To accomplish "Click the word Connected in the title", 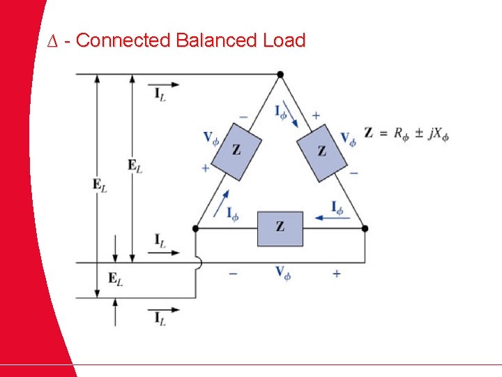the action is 123,40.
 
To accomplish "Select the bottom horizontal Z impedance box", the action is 280,228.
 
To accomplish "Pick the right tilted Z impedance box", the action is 321,151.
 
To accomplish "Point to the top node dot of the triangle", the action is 280,74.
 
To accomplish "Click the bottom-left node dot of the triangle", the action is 195,228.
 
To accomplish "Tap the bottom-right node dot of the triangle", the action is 365,228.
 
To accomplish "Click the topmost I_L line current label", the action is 160,94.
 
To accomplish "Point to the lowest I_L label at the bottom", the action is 160,319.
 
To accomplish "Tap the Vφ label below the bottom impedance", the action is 282,273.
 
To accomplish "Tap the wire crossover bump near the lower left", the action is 198,264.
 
